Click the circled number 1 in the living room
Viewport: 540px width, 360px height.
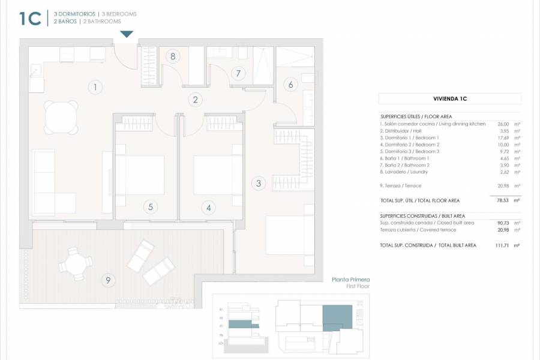pyautogui.click(x=94, y=88)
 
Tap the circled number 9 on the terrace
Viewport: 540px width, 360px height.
pyautogui.click(x=108, y=279)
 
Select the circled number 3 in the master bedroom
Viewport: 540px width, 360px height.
pyautogui.click(x=259, y=184)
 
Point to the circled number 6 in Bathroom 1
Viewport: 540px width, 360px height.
pyautogui.click(x=290, y=85)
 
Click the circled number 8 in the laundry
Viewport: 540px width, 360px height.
pyautogui.click(x=173, y=57)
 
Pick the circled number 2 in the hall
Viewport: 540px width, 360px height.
pyautogui.click(x=195, y=100)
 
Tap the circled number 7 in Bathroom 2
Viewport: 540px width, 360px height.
pyautogui.click(x=238, y=74)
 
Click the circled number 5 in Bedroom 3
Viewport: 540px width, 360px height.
pyautogui.click(x=151, y=207)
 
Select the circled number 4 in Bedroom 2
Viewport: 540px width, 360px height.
pyautogui.click(x=209, y=208)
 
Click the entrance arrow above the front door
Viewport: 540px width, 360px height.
pyautogui.click(x=127, y=35)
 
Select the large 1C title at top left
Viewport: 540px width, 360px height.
pyautogui.click(x=30, y=19)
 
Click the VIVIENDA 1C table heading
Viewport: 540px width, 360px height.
pyautogui.click(x=450, y=99)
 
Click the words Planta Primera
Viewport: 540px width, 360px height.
pyautogui.click(x=351, y=280)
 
